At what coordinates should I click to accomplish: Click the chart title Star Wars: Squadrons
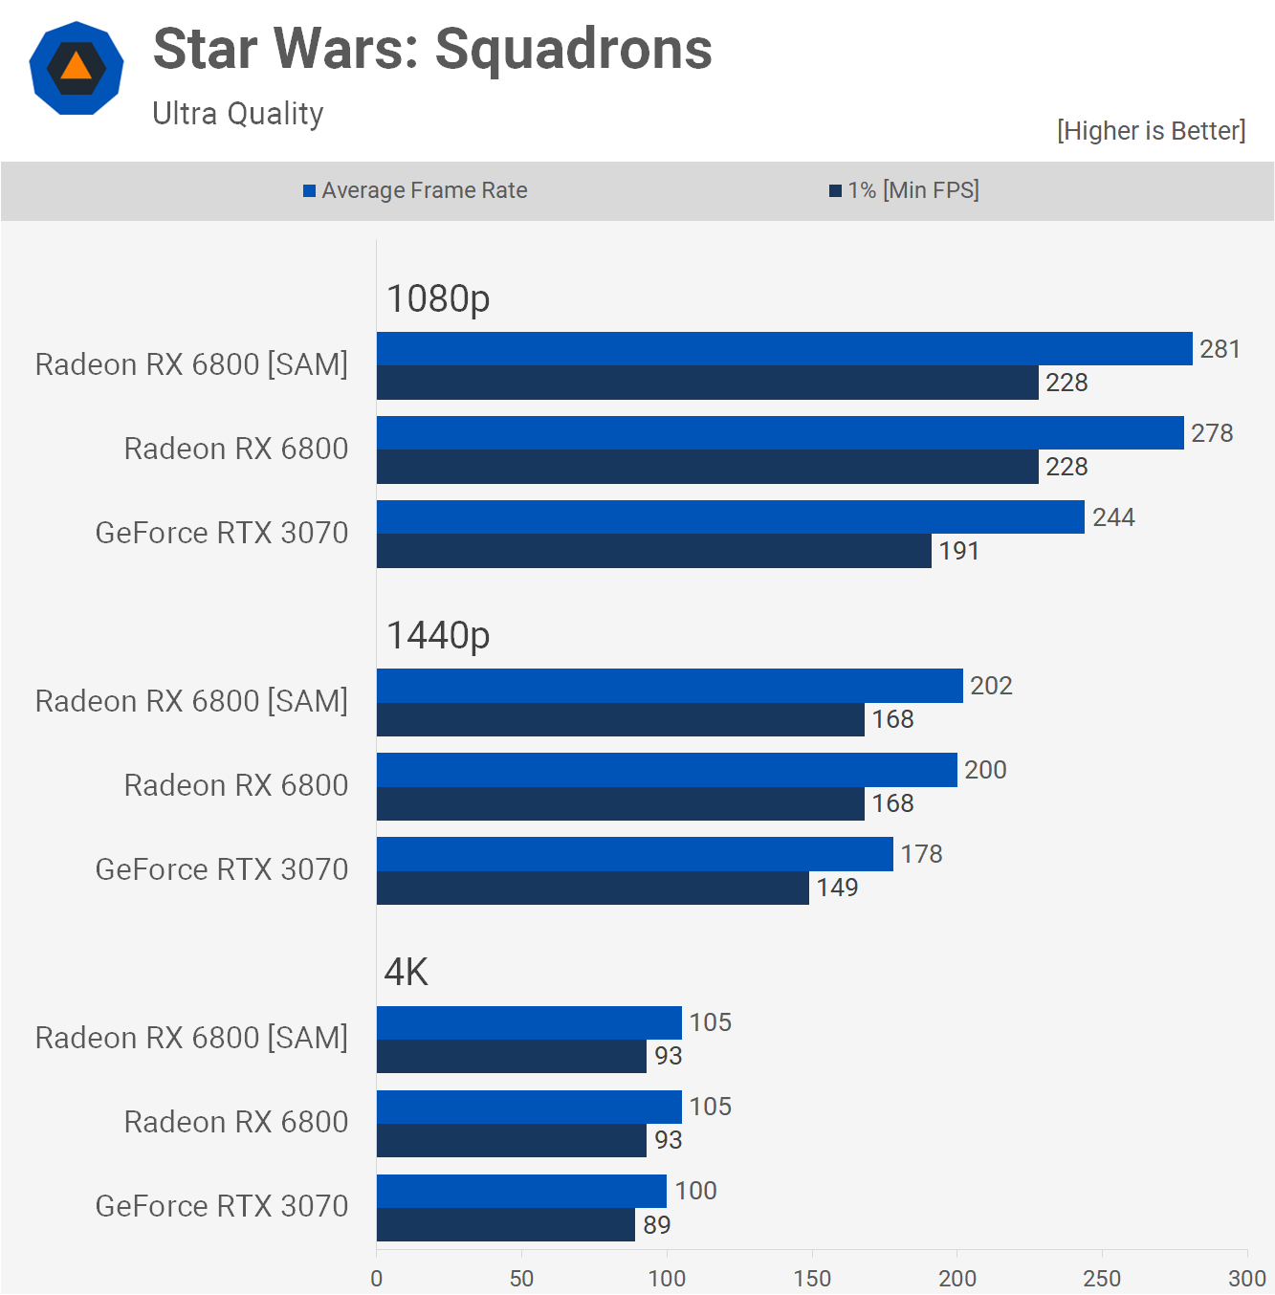pos(432,49)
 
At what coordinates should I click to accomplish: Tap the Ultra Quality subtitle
pos(238,114)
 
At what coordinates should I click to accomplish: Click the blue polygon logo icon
pos(77,68)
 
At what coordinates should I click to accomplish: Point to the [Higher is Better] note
pos(1151,131)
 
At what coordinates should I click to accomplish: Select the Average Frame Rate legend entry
pos(415,190)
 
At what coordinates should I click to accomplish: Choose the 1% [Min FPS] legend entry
pos(904,190)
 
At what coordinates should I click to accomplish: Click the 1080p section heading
pos(438,299)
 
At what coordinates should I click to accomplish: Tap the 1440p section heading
pos(438,636)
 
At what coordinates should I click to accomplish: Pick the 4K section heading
pos(407,973)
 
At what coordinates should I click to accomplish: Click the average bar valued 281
pos(784,349)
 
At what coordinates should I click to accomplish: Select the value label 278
pos(1212,433)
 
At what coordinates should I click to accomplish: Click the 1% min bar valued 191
pos(654,551)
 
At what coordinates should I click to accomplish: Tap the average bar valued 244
pos(731,517)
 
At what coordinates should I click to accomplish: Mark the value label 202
pos(991,686)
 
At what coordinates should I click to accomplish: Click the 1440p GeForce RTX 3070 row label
pos(222,869)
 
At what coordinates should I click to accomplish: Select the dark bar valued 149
pos(593,888)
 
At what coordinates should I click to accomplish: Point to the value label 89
pos(656,1225)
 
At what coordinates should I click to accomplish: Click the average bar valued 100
pos(521,1191)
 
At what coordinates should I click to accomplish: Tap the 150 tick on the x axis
pos(812,1279)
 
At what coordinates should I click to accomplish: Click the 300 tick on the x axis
pos(1246,1279)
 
